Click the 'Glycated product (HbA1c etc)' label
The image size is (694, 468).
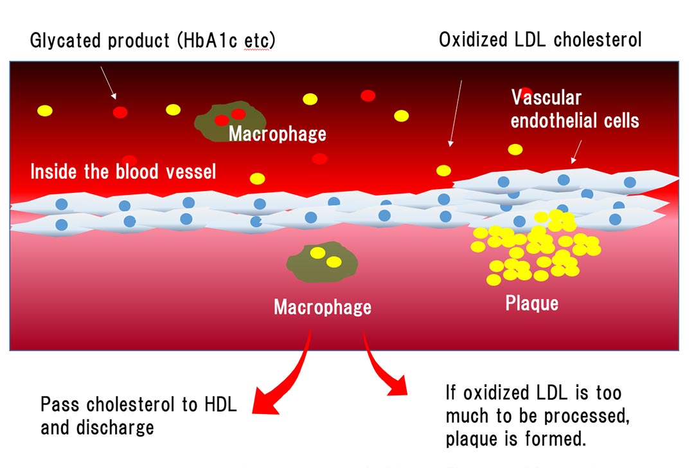point(153,40)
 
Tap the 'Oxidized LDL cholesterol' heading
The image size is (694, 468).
point(540,40)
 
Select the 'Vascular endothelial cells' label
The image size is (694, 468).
point(574,109)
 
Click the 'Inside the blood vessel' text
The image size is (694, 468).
point(123,172)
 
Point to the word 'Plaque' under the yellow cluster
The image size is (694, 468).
point(531,302)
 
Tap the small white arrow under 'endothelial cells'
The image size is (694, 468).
point(576,152)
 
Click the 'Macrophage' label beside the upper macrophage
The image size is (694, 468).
point(278,134)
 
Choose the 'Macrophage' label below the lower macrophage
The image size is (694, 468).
point(323,307)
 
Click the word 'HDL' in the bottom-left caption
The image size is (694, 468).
point(221,405)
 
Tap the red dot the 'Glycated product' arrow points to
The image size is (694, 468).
point(120,113)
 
